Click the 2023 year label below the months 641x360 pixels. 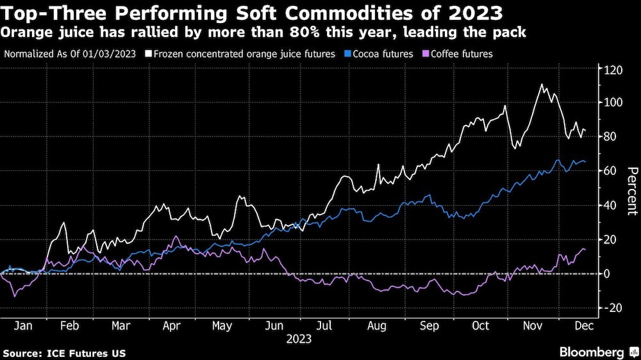click(299, 338)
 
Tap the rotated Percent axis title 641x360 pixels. click(631, 190)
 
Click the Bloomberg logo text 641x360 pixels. click(593, 352)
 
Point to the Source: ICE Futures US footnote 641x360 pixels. click(64, 353)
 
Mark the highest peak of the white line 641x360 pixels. click(542, 85)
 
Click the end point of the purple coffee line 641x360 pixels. click(585, 250)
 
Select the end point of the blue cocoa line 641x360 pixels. click(585, 162)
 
